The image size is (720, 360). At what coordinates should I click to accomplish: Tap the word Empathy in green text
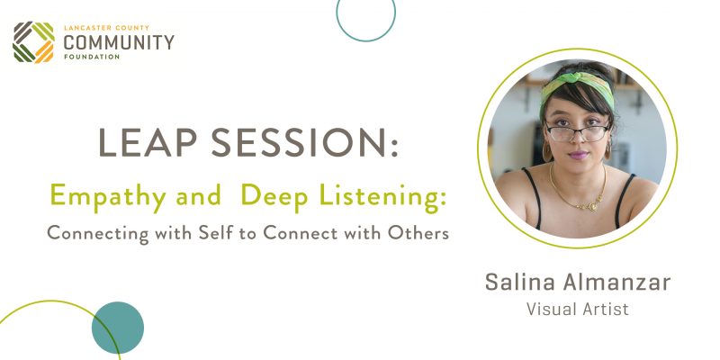pyautogui.click(x=108, y=197)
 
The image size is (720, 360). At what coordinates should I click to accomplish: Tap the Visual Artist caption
pyautogui.click(x=578, y=309)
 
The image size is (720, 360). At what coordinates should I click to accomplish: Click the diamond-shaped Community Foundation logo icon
pyautogui.click(x=33, y=41)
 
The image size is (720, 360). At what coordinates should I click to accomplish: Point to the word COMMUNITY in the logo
pyautogui.click(x=119, y=42)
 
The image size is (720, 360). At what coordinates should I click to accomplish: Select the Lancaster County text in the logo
pyautogui.click(x=106, y=28)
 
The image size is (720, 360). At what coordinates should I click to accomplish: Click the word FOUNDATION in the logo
pyautogui.click(x=92, y=57)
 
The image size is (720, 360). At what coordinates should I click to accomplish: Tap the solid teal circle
pyautogui.click(x=118, y=328)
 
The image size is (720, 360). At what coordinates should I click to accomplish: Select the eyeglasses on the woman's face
pyautogui.click(x=578, y=132)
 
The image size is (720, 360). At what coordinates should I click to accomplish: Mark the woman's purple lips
pyautogui.click(x=578, y=155)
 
